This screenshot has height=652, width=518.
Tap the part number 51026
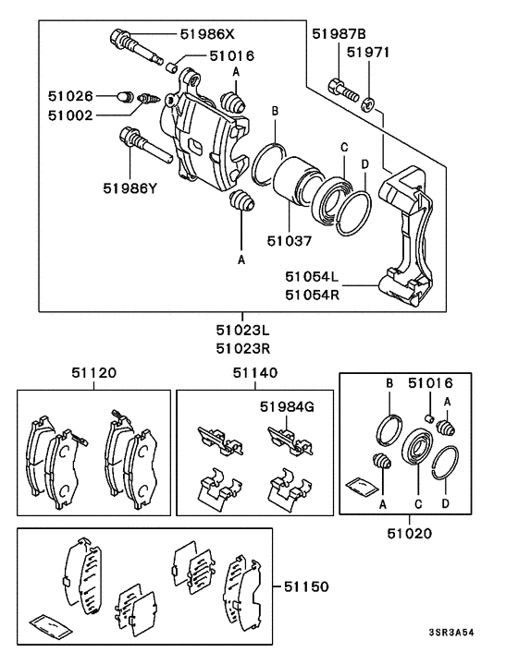[x=71, y=94]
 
